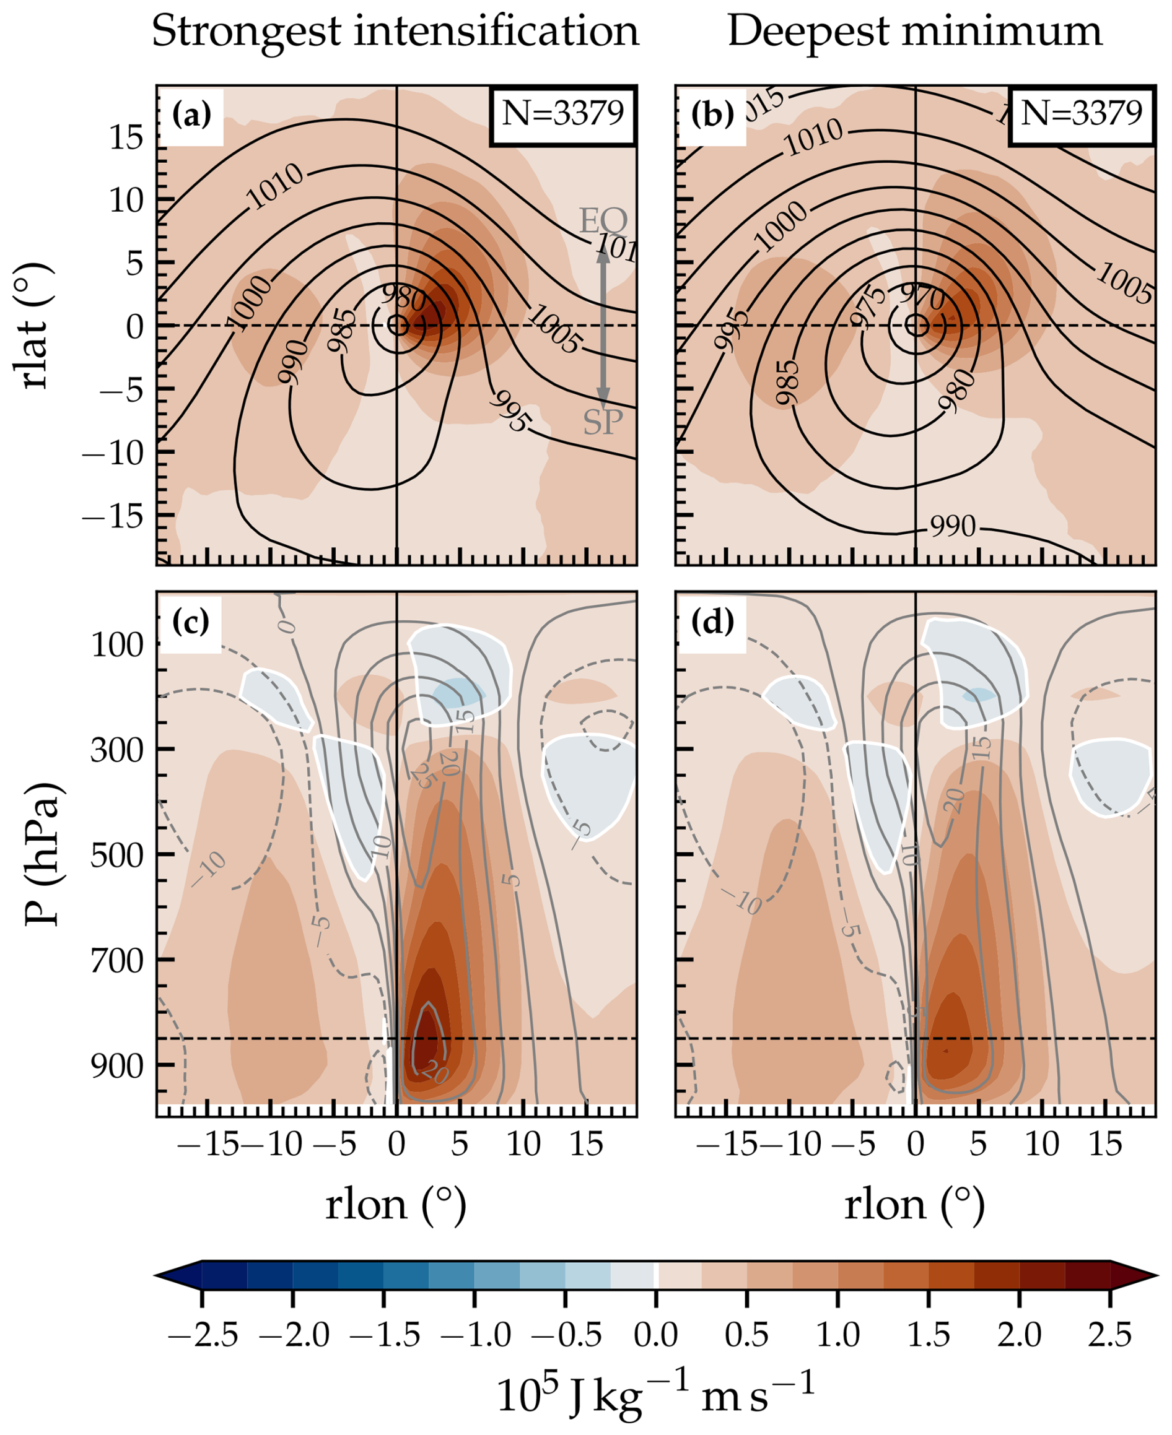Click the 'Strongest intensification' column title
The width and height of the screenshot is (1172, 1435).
click(x=395, y=32)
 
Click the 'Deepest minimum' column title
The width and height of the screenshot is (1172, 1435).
click(x=914, y=32)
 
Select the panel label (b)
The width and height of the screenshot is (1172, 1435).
click(x=712, y=115)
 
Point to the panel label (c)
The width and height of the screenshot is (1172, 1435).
click(x=193, y=623)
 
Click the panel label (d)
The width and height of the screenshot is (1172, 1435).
click(x=712, y=623)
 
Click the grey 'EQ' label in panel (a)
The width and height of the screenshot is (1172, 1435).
click(x=603, y=220)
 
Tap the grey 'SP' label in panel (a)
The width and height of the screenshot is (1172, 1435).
click(x=603, y=422)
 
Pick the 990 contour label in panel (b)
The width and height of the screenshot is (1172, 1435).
click(x=953, y=526)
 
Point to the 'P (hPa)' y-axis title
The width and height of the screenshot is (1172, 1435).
click(x=42, y=854)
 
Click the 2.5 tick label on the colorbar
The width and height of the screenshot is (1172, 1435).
click(x=1109, y=1335)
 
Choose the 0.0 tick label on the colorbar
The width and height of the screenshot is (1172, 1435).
click(x=655, y=1335)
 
